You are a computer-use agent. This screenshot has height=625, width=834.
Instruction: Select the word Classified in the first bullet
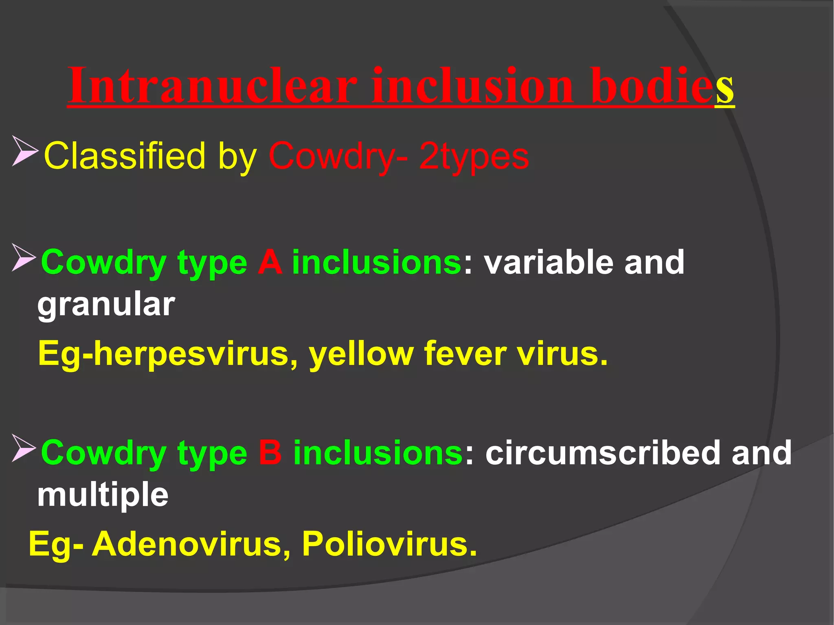(124, 156)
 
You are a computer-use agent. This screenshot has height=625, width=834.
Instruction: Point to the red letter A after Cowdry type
(270, 263)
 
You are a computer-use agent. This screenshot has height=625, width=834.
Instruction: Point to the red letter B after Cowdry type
(270, 453)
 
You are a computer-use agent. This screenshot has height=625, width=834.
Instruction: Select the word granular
(106, 305)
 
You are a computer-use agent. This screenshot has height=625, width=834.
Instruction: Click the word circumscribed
(603, 453)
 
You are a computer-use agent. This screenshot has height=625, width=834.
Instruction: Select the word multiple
(103, 496)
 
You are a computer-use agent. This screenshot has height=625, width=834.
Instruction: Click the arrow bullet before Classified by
(24, 151)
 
